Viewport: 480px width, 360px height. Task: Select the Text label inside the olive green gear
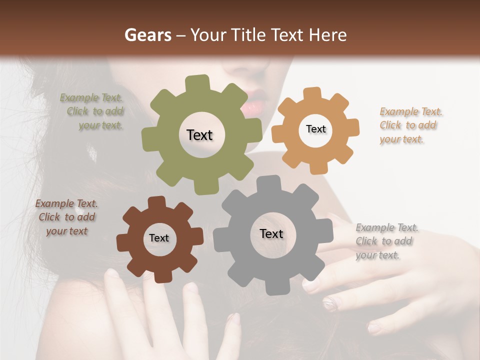tap(199, 135)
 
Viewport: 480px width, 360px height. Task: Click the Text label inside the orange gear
tap(315, 129)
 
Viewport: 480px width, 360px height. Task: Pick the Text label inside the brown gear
tap(159, 238)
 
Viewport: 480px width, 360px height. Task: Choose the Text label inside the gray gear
tap(271, 234)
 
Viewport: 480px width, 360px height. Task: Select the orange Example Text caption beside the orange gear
tap(410, 125)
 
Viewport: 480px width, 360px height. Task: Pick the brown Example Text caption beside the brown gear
tap(66, 217)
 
